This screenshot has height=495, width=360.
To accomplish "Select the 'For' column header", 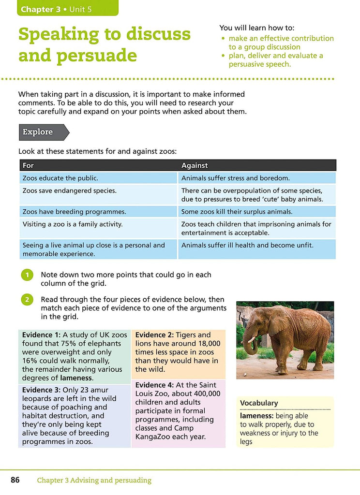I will (x=29, y=165).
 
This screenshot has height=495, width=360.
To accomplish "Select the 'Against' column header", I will (x=195, y=165).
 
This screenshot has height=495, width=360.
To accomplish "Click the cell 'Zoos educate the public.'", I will (x=60, y=178).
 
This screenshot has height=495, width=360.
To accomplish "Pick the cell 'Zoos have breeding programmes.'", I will (x=67, y=212).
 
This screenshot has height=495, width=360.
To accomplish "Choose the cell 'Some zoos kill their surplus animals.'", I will (x=237, y=212).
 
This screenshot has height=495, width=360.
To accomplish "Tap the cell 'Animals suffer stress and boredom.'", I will (x=236, y=178).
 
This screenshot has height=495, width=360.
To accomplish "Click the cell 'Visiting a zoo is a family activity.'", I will (x=73, y=224).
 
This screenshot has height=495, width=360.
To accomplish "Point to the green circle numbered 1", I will (x=27, y=275).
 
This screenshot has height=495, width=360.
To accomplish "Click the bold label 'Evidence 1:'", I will (x=41, y=335).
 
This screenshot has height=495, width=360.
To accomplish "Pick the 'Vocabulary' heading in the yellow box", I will (x=259, y=403).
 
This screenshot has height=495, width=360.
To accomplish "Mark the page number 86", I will (x=15, y=480).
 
